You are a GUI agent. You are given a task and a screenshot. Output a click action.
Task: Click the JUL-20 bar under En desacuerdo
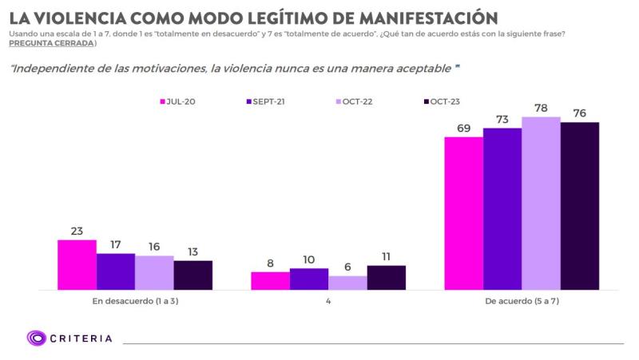pyautogui.click(x=77, y=264)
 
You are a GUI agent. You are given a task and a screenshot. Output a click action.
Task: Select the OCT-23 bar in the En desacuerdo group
pyautogui.click(x=192, y=275)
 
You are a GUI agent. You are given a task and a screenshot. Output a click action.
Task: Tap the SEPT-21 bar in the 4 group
pyautogui.click(x=308, y=279)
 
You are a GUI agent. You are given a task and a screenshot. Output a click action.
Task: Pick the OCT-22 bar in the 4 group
pyautogui.click(x=347, y=283)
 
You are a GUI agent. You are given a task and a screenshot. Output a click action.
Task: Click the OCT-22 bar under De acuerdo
pyautogui.click(x=541, y=203)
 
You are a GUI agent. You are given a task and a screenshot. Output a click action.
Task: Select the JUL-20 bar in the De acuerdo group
pyautogui.click(x=463, y=213)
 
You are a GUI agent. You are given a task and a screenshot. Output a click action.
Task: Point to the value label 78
pyautogui.click(x=541, y=108)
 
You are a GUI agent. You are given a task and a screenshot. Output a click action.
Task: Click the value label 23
pyautogui.click(x=77, y=231)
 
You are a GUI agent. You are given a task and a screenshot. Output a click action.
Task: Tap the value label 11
pyautogui.click(x=386, y=256)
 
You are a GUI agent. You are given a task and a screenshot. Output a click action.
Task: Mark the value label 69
pyautogui.click(x=463, y=129)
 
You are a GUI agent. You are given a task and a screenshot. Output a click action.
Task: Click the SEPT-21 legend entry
pyautogui.click(x=265, y=101)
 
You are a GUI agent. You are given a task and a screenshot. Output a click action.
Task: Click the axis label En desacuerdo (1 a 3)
pyautogui.click(x=135, y=303)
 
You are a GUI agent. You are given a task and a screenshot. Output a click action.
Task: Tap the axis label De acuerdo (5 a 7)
pyautogui.click(x=522, y=303)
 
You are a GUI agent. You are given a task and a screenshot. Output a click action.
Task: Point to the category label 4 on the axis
pyautogui.click(x=328, y=303)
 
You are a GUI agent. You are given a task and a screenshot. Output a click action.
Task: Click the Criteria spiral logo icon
pyautogui.click(x=36, y=338)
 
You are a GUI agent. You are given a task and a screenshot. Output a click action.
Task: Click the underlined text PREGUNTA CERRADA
pyautogui.click(x=52, y=43)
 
